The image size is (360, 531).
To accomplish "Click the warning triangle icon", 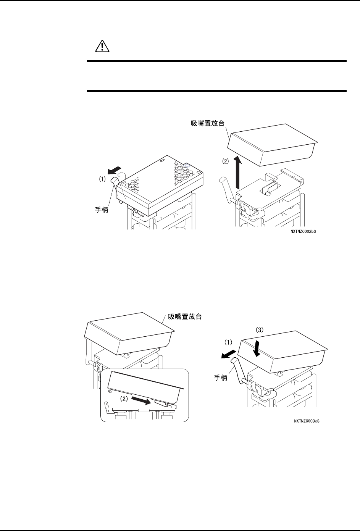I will (x=102, y=46).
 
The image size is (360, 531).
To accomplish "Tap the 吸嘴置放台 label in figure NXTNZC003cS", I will (x=185, y=316).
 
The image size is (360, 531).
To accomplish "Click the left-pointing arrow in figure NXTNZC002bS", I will (x=116, y=169).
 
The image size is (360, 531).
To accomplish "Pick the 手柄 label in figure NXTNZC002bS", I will (x=102, y=210).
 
